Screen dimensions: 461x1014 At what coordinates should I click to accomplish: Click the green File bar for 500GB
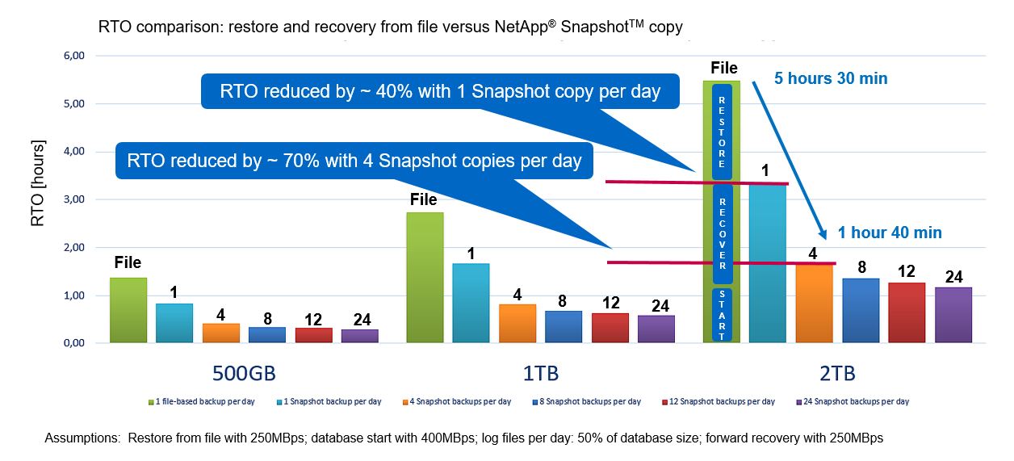pyautogui.click(x=128, y=311)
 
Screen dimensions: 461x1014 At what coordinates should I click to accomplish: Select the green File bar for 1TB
pyautogui.click(x=425, y=278)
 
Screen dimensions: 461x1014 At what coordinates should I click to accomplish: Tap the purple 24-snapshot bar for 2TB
pyautogui.click(x=953, y=315)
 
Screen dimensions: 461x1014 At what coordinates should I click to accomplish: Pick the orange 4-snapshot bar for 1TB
pyautogui.click(x=517, y=323)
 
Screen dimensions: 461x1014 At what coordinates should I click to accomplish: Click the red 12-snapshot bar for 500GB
pyautogui.click(x=313, y=335)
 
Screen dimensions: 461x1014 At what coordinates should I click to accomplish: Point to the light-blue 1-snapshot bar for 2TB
pyautogui.click(x=768, y=263)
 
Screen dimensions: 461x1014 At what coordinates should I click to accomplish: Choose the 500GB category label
pyautogui.click(x=249, y=374)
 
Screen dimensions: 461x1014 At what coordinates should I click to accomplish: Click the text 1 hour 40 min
pyautogui.click(x=889, y=233)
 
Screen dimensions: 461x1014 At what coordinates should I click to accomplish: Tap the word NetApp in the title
pyautogui.click(x=522, y=27)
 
